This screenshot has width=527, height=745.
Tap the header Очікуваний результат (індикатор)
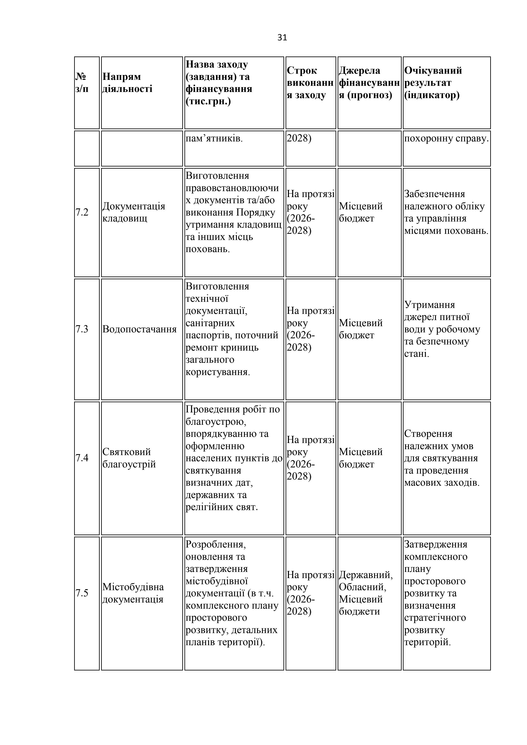pyautogui.click(x=433, y=83)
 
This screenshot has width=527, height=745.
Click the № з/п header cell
pyautogui.click(x=82, y=83)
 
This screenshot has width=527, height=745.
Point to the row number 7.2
pyautogui.click(x=82, y=212)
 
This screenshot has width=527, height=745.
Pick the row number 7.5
pyautogui.click(x=82, y=593)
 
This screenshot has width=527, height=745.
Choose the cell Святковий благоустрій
pyautogui.click(x=129, y=458)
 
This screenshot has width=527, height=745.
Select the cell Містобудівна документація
pyautogui.click(x=133, y=593)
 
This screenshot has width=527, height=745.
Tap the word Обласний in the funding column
pyautogui.click(x=362, y=587)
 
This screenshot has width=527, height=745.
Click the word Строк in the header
pyautogui.click(x=302, y=71)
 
